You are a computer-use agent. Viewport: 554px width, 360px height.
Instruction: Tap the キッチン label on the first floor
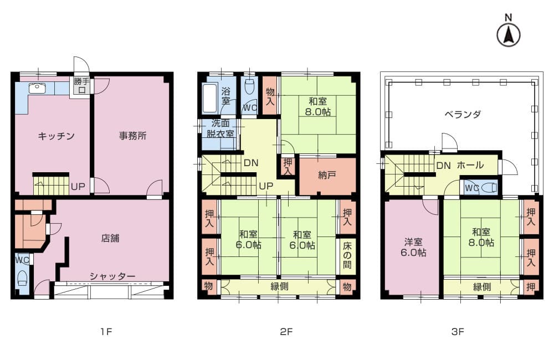(56, 136)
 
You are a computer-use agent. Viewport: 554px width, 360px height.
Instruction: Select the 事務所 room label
(133, 136)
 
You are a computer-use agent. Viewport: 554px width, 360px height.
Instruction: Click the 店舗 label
(110, 238)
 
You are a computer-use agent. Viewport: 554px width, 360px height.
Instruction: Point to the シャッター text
(112, 276)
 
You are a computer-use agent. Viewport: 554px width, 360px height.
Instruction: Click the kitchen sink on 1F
(37, 88)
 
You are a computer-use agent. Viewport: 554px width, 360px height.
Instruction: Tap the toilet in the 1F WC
(23, 278)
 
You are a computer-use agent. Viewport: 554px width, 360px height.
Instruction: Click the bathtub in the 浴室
(210, 97)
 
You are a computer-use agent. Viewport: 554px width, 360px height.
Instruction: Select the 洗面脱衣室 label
(220, 128)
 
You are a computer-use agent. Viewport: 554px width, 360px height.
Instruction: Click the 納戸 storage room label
(327, 175)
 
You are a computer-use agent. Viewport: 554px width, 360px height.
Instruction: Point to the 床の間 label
(347, 255)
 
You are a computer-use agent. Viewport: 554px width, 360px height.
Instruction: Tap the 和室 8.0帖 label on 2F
(318, 107)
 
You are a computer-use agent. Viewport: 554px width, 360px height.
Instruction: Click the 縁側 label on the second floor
(279, 286)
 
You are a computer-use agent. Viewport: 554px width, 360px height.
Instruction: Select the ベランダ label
(463, 114)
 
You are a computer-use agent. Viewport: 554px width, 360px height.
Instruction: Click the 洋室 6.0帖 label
(413, 248)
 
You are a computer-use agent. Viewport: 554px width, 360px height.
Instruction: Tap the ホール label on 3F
(470, 165)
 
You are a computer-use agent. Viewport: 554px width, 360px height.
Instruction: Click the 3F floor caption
(458, 331)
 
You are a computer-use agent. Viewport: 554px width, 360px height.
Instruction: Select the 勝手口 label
(82, 85)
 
